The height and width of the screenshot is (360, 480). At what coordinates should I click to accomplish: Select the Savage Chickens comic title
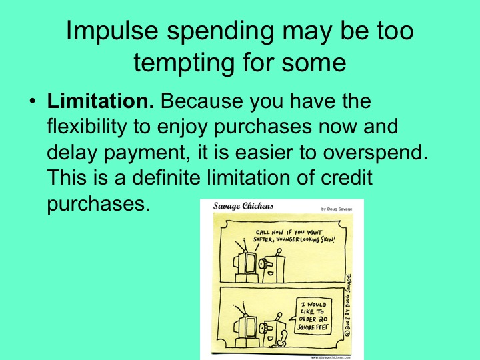tap(243, 206)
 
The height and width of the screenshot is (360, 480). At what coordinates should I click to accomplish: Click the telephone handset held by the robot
tap(279, 343)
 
